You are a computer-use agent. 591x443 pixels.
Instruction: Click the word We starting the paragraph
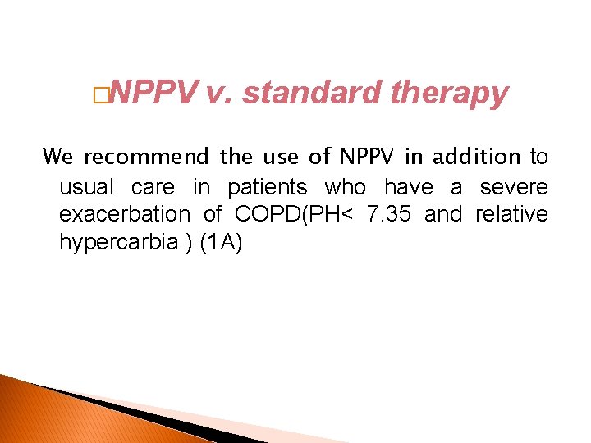click(57, 156)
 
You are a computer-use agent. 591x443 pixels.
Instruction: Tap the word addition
click(477, 156)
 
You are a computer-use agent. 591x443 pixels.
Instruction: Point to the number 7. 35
click(391, 214)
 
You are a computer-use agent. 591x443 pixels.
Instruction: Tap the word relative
click(511, 214)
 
